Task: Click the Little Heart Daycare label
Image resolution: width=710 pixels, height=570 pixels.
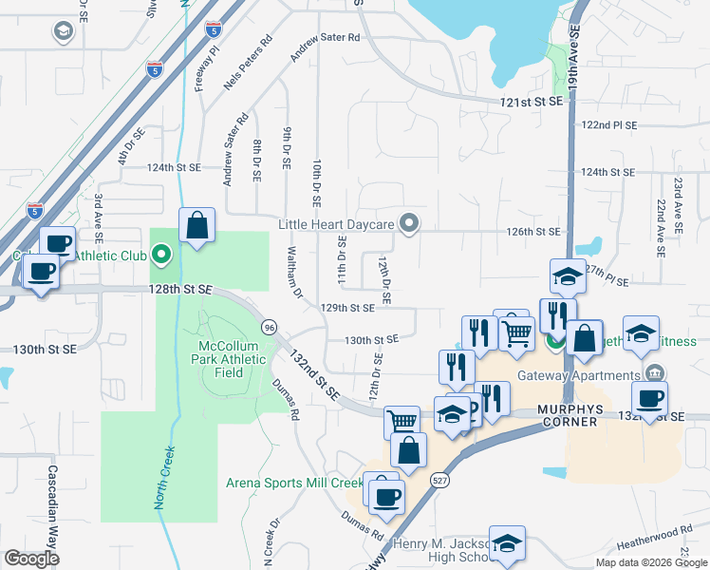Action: click(x=336, y=225)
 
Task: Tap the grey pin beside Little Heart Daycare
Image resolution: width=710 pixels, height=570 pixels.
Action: click(x=409, y=224)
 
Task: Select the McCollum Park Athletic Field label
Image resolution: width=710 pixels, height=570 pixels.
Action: click(x=234, y=359)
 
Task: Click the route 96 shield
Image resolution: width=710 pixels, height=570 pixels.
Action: click(x=271, y=325)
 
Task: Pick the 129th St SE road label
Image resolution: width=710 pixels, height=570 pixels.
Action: click(x=347, y=308)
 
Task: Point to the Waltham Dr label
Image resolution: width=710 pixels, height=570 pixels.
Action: click(x=295, y=275)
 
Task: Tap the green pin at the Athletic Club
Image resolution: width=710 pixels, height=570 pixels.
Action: click(x=161, y=254)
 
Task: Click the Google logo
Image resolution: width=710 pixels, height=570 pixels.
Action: click(x=31, y=558)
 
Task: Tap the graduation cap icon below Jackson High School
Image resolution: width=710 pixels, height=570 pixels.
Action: click(x=507, y=544)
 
